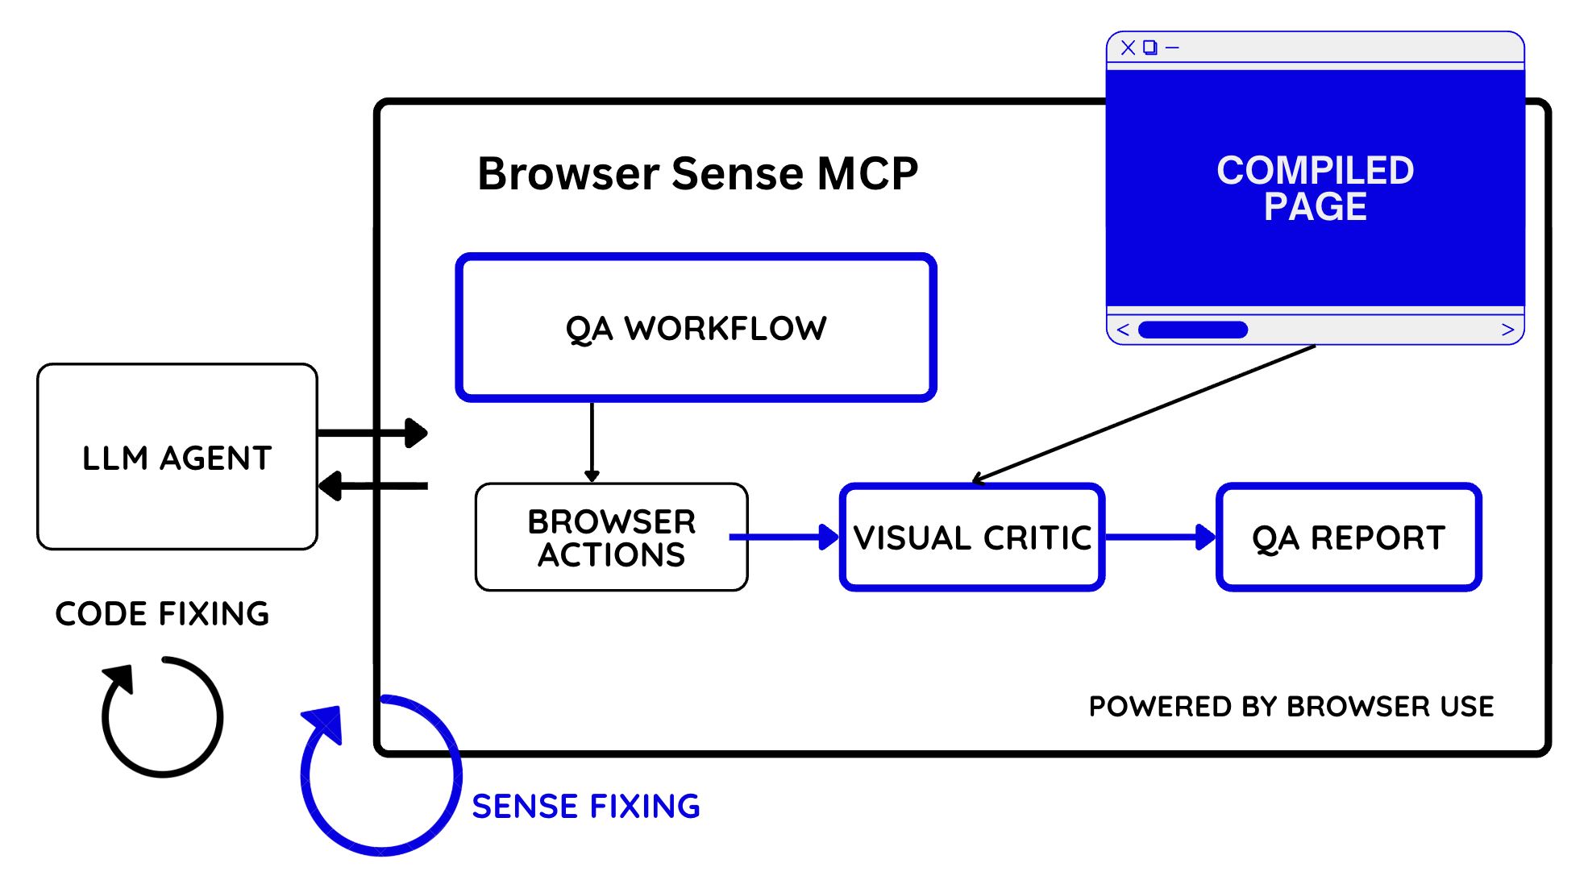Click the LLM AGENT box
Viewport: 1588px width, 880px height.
[x=177, y=457]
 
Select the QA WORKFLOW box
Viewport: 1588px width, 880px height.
[x=696, y=328]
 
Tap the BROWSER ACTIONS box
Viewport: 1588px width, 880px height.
[x=611, y=538]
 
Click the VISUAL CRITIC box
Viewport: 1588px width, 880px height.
[x=971, y=538]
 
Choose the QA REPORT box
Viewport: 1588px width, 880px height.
[x=1349, y=538]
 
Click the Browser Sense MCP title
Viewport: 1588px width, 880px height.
[x=697, y=173]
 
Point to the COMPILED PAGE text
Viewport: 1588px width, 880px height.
[x=1315, y=189]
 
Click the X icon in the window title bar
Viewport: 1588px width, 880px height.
[x=1128, y=48]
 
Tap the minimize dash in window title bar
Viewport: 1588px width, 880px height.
[x=1173, y=48]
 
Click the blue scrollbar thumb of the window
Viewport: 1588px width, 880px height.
[x=1192, y=330]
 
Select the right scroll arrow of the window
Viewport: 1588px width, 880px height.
[x=1507, y=330]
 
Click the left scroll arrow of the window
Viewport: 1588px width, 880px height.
[x=1123, y=330]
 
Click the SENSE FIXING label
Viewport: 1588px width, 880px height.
[x=586, y=807]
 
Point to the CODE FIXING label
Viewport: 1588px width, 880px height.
[x=162, y=614]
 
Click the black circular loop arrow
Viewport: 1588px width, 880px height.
[x=161, y=716]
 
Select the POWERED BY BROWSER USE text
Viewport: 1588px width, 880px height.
[x=1291, y=707]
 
